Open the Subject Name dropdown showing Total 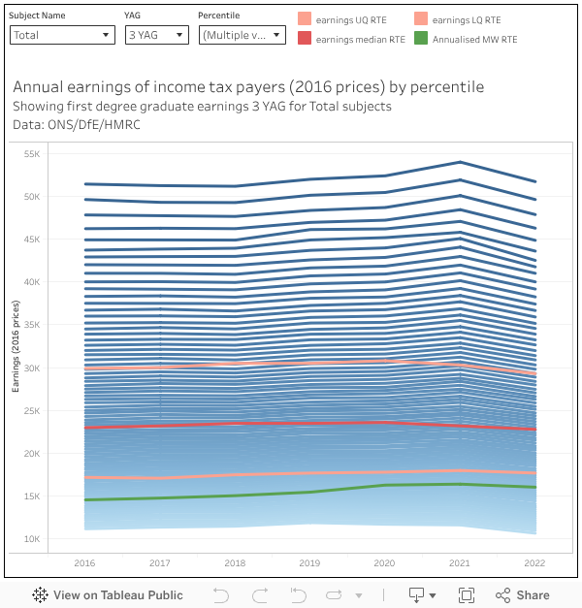pos(62,35)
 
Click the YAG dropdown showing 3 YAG pos(156,35)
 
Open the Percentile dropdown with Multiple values pos(242,35)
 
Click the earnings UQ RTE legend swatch pos(305,19)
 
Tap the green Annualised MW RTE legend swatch pos(420,39)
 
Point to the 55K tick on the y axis pos(57,154)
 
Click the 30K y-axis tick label pos(57,368)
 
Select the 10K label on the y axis pos(57,539)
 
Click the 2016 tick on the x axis pos(85,563)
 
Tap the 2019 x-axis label pos(309,563)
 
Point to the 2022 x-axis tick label pos(534,563)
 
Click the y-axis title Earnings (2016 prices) pos(16,347)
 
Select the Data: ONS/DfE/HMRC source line pos(71,124)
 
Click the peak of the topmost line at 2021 pos(460,162)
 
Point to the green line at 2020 pos(385,485)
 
